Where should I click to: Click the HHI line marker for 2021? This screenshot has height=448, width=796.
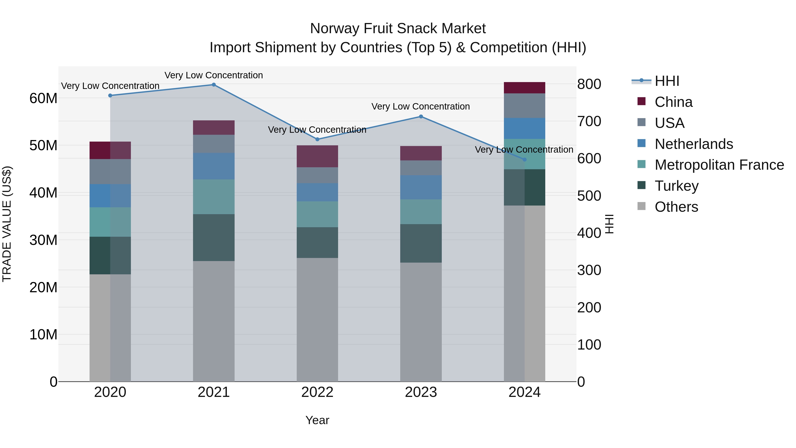coord(214,85)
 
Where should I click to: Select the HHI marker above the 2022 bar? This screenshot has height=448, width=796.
coord(317,139)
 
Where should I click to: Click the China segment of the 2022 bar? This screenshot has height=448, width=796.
coord(317,156)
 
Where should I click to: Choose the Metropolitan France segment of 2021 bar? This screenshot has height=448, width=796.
coord(214,197)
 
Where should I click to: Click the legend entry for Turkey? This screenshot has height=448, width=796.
coord(676,186)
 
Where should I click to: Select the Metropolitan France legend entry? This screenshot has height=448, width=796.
coord(719,165)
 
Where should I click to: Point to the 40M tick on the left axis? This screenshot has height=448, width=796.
coord(43,193)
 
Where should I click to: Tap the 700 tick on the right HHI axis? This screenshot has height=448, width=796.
coord(589,121)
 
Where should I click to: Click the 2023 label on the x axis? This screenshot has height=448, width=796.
coord(421,392)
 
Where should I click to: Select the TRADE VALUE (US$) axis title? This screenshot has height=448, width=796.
coord(7,224)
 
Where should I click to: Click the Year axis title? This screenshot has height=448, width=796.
coord(317,420)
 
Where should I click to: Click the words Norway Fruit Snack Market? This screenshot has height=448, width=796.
coord(398,29)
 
